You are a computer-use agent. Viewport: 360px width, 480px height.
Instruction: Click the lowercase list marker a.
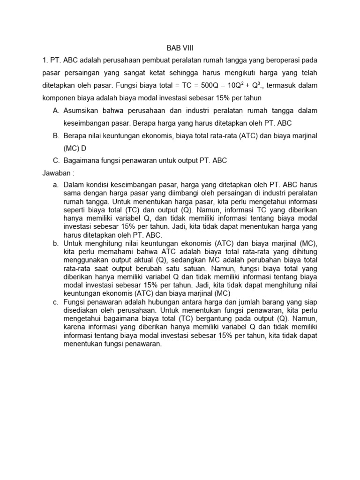pyautogui.click(x=56, y=185)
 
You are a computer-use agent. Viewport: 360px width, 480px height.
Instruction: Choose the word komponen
pyautogui.click(x=59, y=98)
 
